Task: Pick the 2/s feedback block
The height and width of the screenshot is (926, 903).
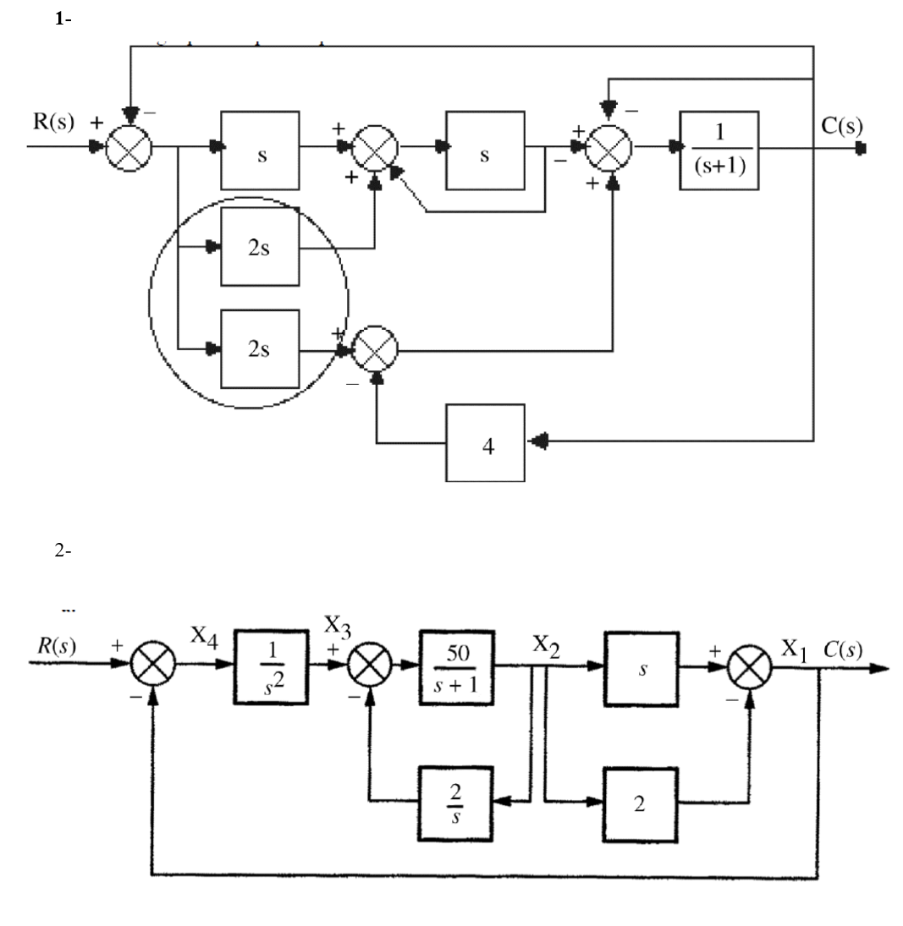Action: click(458, 800)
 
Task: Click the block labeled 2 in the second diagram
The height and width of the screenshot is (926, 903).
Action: click(641, 800)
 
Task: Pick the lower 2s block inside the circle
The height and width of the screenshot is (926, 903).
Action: click(259, 348)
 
